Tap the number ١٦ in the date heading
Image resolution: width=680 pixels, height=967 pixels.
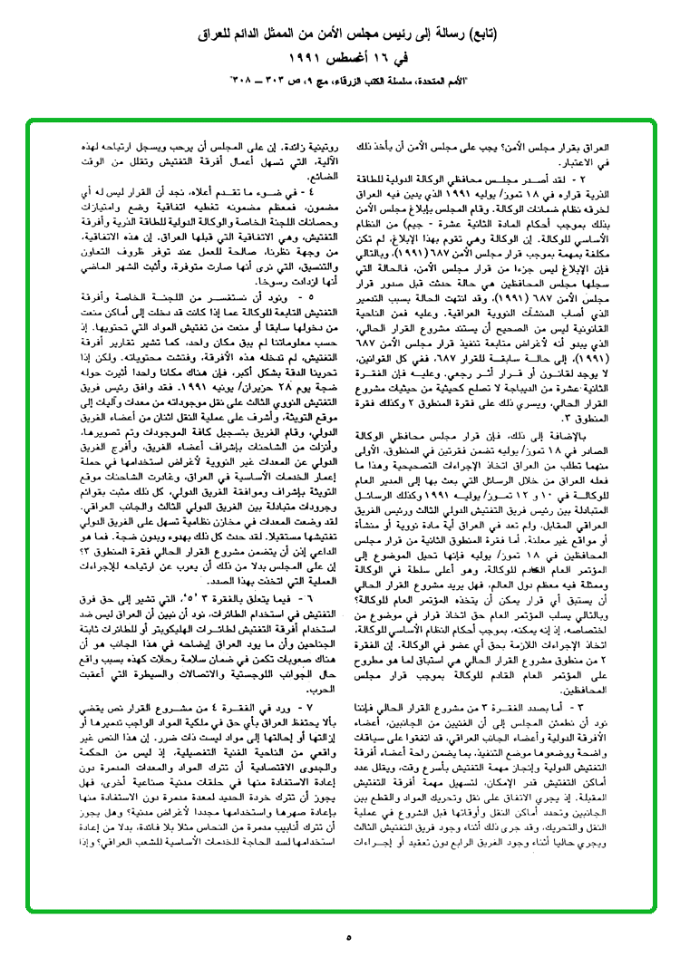(x=375, y=61)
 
